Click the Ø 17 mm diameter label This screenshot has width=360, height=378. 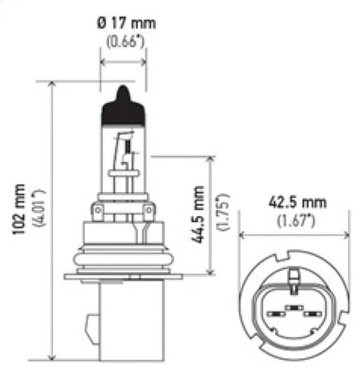click(123, 24)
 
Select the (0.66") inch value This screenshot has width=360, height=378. click(123, 42)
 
